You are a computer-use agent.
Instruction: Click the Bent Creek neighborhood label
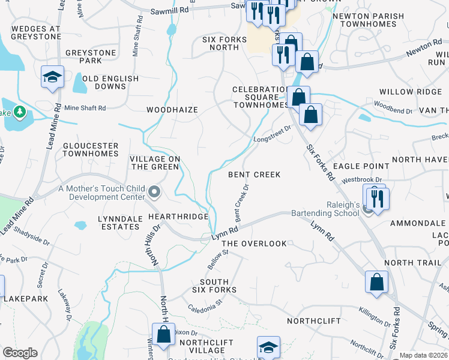(255, 175)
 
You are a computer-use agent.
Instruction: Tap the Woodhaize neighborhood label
(172, 110)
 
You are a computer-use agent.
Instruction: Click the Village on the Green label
(155, 163)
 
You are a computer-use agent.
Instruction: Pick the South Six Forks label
(214, 286)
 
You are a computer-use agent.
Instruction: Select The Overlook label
(255, 244)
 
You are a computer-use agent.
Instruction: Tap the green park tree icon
(20, 112)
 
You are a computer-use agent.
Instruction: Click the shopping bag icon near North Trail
(376, 281)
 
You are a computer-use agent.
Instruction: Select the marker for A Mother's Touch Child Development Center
(155, 193)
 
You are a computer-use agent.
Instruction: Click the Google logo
(20, 353)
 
